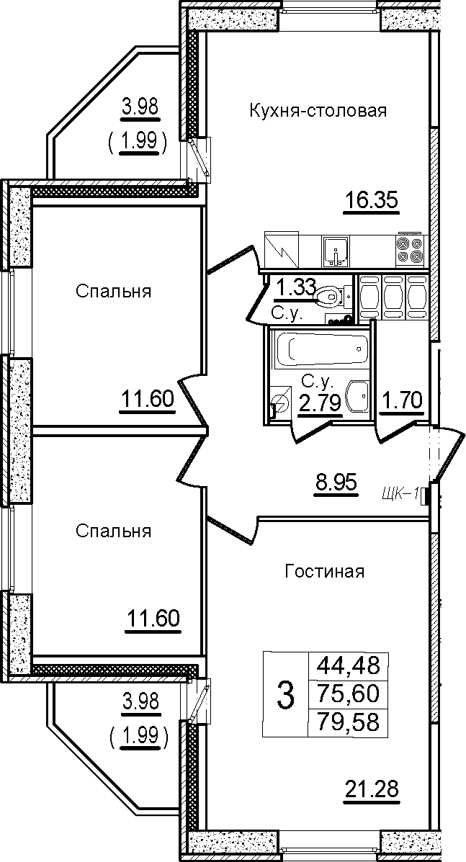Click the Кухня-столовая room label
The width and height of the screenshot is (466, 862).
(319, 111)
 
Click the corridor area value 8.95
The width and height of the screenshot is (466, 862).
(336, 485)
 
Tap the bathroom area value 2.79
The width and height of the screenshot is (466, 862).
(319, 403)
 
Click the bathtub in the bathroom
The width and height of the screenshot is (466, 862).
(321, 348)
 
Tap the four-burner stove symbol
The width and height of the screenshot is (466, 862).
(409, 250)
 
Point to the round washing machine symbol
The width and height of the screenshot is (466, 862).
(281, 403)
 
